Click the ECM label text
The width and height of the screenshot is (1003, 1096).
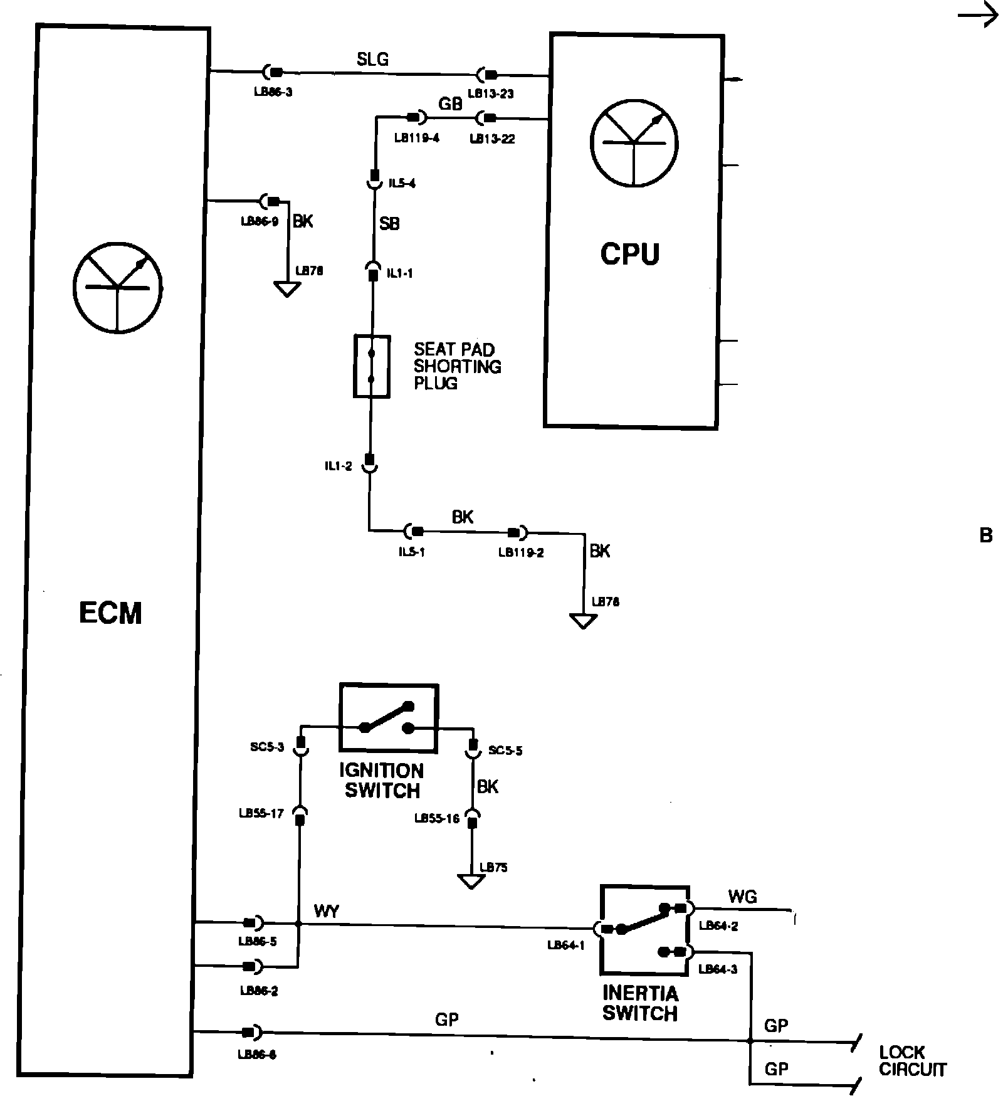(110, 613)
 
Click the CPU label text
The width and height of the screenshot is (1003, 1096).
(630, 254)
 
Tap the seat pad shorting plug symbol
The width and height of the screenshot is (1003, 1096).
(372, 367)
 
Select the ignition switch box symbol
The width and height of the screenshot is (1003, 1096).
(389, 718)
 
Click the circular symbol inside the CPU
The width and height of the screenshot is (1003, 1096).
(634, 142)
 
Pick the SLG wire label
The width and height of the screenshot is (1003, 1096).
(373, 60)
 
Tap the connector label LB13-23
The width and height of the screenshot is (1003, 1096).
(491, 94)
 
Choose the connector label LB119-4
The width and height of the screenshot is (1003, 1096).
(416, 138)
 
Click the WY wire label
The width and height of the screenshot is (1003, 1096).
(327, 912)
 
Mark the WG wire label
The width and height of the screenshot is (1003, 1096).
(742, 897)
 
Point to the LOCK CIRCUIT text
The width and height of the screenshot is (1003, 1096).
(912, 1061)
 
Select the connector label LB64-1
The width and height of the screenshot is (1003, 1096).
(565, 945)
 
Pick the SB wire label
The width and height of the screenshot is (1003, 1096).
(389, 224)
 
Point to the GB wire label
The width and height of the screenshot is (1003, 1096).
(450, 103)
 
